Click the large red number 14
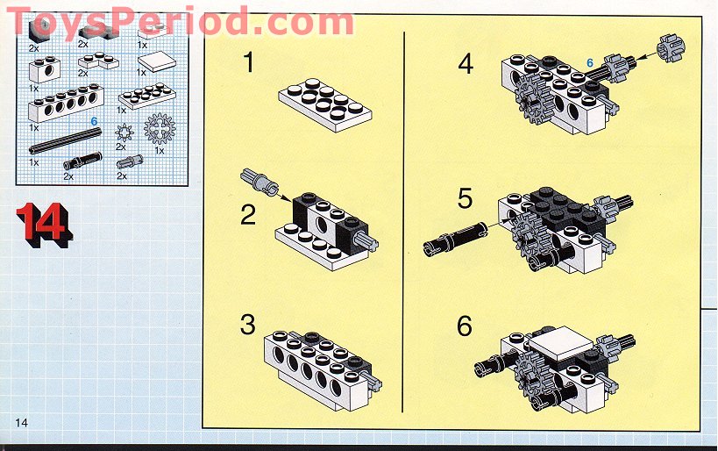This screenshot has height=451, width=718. coord(44,225)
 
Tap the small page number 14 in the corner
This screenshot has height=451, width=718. coord(22,422)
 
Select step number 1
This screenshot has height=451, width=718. coord(248,62)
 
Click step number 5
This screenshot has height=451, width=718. coord(465,198)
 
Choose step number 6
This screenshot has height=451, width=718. coord(464,326)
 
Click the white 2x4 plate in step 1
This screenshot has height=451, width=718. coord(325,105)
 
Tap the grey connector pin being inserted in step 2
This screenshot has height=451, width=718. coord(259,181)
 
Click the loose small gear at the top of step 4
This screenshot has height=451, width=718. coord(672,48)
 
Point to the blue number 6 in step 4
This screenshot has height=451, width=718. coord(590,63)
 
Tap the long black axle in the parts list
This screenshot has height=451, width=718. coord(65,140)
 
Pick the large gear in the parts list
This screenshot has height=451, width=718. coord(160,128)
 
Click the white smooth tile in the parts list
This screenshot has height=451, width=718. coord(157,62)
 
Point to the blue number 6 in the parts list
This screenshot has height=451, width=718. coord(94,121)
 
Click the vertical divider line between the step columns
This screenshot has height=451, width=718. coord(403,222)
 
